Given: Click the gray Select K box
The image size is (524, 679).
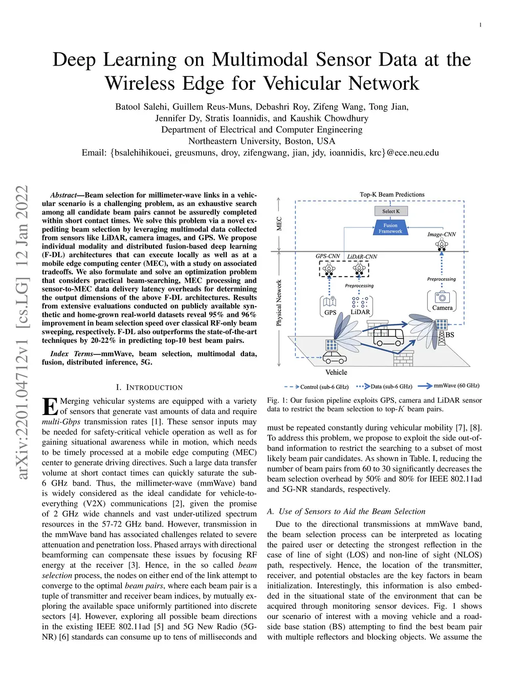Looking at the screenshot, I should point(390,211).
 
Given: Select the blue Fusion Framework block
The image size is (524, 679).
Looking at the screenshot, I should point(390,228).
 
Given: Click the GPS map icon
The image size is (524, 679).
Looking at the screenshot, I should point(330,302).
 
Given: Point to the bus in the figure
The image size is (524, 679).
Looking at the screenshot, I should point(388,336).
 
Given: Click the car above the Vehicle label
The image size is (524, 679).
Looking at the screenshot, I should point(335,357).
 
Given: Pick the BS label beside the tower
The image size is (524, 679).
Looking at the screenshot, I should point(450,335).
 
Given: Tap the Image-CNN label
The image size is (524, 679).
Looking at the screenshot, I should point(441,234).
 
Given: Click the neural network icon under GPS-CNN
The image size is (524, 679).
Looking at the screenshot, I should point(329,269).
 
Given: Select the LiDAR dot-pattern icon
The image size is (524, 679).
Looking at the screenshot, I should point(360,302).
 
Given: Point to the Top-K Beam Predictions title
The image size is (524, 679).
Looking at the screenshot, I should point(392,195).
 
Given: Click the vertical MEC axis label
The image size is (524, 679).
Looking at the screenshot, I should point(279,223).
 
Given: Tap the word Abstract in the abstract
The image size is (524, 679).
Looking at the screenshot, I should point(63,195).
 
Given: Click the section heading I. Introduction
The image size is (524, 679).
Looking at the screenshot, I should point(149,387).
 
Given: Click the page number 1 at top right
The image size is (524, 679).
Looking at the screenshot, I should point(480,25).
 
